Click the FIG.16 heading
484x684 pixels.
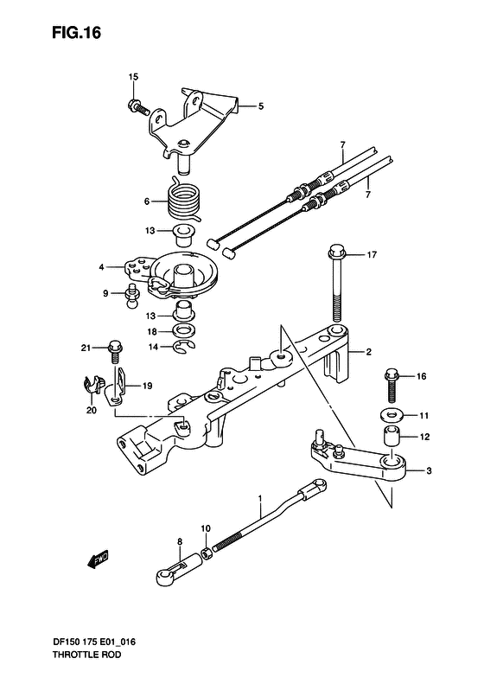pyautogui.click(x=76, y=33)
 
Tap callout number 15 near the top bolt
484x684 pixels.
pyautogui.click(x=133, y=77)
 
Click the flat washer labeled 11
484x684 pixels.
pyautogui.click(x=392, y=415)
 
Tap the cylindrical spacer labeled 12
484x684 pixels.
pyautogui.click(x=392, y=437)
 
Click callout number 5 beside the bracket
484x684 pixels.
pyautogui.click(x=261, y=106)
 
